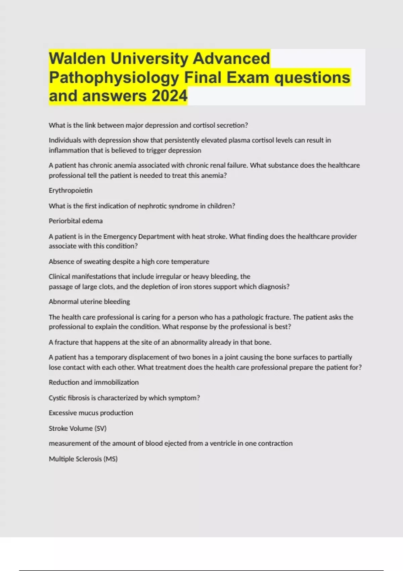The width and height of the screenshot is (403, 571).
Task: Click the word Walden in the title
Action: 77,58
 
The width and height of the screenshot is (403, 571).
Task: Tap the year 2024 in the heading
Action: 170,96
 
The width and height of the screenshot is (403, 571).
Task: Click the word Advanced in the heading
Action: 231,58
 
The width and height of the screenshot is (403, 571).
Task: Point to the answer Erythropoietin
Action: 71,190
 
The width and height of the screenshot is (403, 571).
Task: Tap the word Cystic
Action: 57,398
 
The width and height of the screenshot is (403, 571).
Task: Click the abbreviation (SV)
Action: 100,429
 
